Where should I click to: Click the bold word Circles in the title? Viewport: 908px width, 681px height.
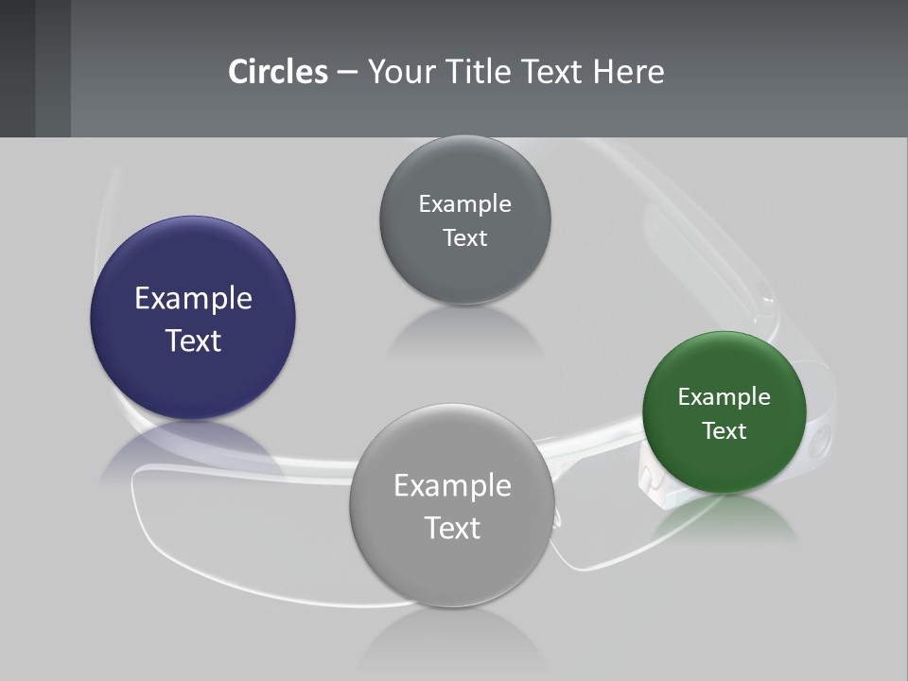click(x=278, y=72)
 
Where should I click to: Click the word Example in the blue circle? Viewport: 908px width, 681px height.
click(x=193, y=299)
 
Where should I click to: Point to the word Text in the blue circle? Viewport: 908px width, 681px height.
click(x=193, y=340)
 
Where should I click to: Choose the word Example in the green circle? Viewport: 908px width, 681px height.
click(x=725, y=397)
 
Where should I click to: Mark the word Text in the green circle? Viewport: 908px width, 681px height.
click(x=725, y=431)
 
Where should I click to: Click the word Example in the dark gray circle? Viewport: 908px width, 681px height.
click(x=465, y=204)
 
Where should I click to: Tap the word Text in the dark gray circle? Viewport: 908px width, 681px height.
click(x=465, y=238)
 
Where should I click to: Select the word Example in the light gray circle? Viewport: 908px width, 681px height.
click(x=452, y=486)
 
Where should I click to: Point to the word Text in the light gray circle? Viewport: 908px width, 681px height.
click(x=452, y=528)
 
